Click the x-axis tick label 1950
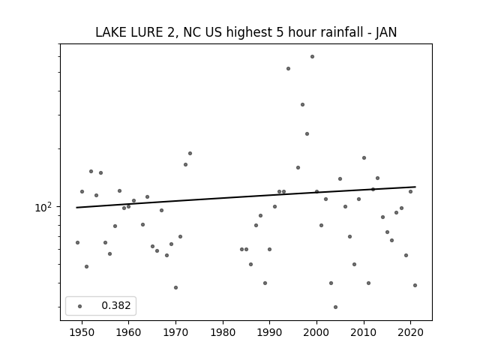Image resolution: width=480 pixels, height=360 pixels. tap(82, 332)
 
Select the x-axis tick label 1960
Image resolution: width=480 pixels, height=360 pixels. tap(128, 332)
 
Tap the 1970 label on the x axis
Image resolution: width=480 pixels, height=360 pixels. tap(175, 332)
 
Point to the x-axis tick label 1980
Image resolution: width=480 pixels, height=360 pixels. tap(223, 332)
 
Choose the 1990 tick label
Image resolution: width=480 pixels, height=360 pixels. tap(270, 332)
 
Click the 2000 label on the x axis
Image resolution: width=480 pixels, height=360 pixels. tap(316, 332)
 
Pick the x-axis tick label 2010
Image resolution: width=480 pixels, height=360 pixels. tap(364, 332)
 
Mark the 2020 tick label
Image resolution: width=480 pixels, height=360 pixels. tap(411, 332)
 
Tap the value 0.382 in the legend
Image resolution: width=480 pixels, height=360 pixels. tap(116, 305)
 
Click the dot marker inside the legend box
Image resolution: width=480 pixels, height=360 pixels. tap(80, 306)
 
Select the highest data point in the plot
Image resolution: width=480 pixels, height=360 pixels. tap(312, 57)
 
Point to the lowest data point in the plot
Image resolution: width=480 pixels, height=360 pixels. tap(335, 307)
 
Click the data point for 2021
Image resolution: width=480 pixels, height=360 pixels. tap(415, 285)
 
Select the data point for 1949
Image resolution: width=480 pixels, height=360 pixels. tap(77, 243)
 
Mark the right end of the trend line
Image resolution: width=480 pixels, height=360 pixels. tap(415, 187)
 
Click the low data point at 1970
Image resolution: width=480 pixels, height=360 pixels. tap(175, 288)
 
